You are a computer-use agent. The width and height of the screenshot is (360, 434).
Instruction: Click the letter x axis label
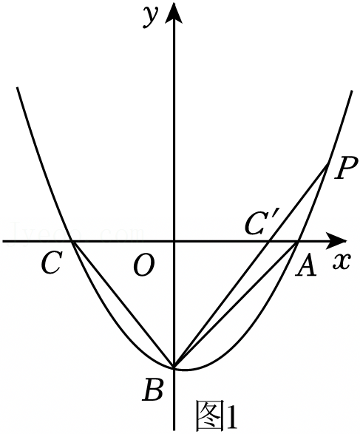(342, 261)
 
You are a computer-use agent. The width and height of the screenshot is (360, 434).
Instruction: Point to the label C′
(259, 223)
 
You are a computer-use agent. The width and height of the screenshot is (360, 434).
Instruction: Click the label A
(305, 265)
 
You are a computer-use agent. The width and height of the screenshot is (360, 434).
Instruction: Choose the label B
(152, 391)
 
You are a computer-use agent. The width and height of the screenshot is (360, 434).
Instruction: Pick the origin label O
(144, 265)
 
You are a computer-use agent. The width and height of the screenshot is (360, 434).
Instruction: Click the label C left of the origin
(51, 262)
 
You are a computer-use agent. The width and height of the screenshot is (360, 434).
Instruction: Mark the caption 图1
(217, 416)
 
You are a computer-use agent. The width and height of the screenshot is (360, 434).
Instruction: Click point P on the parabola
(328, 163)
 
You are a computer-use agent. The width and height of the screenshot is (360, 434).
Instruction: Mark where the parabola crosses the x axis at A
(298, 241)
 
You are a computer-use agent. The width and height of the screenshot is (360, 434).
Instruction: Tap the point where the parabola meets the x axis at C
(72, 241)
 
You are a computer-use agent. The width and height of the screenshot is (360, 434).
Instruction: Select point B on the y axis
(174, 367)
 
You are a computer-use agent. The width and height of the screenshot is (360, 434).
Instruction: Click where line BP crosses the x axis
(269, 241)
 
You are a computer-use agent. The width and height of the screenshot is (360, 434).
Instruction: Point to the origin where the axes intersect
(174, 241)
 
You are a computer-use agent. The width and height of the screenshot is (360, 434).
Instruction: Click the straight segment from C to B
(123, 305)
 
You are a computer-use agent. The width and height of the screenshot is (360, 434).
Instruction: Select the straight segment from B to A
(236, 305)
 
